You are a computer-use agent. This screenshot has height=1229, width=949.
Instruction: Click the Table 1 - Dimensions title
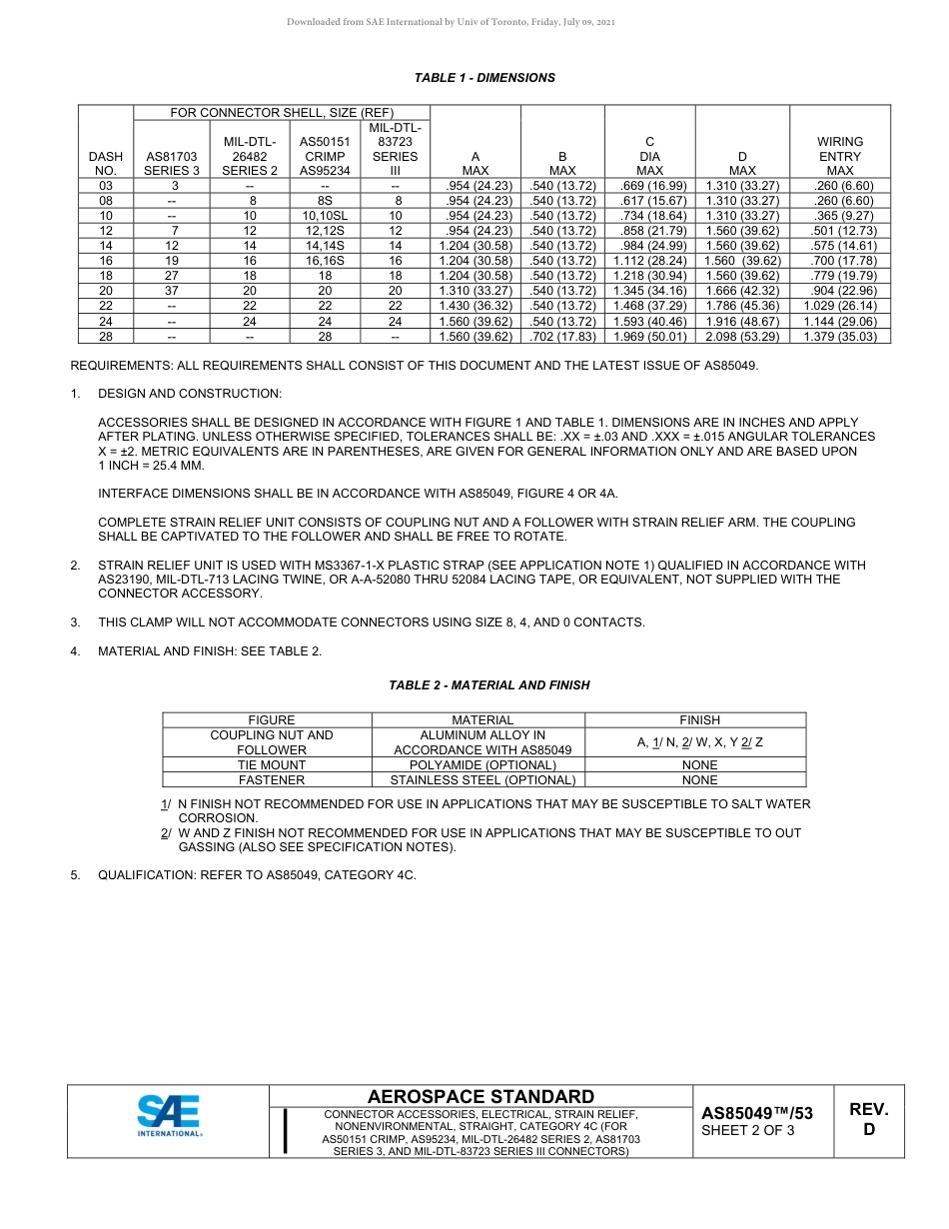[x=484, y=78]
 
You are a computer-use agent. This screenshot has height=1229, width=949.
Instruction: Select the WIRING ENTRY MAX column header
[x=839, y=156]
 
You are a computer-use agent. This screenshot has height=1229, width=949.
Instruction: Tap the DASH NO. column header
[x=106, y=163]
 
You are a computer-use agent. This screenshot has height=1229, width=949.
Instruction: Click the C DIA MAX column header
[x=649, y=156]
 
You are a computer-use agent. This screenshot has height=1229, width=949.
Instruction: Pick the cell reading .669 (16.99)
[x=649, y=186]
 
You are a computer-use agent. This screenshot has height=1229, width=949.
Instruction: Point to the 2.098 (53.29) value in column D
[x=742, y=337]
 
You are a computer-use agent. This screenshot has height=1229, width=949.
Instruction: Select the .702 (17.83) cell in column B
[x=562, y=337]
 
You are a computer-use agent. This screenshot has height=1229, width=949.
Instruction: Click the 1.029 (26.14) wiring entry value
[x=839, y=306]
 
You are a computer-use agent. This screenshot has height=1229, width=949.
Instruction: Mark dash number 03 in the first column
[x=106, y=186]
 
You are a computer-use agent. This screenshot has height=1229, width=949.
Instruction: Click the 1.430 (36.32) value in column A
[x=475, y=306]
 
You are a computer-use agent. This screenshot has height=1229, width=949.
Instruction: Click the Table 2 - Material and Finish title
[x=488, y=685]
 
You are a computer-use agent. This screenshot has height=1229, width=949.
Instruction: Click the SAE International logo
[x=170, y=1116]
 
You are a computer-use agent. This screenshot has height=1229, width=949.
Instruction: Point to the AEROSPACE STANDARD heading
[x=480, y=1097]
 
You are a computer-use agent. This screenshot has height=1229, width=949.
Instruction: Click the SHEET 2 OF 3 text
[x=748, y=1131]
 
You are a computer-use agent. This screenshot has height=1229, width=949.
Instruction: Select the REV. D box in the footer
[x=868, y=1120]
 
